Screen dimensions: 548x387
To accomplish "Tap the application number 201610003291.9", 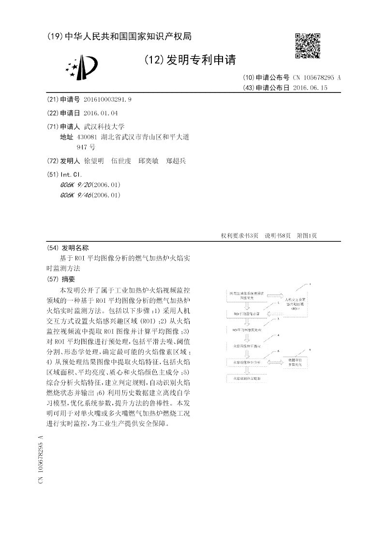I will pos(107,99).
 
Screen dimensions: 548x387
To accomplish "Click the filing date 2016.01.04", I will pos(101,113).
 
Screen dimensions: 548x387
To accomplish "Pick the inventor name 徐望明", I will pos(93,161).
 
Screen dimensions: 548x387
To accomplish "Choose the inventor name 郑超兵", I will pos(176,161).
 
